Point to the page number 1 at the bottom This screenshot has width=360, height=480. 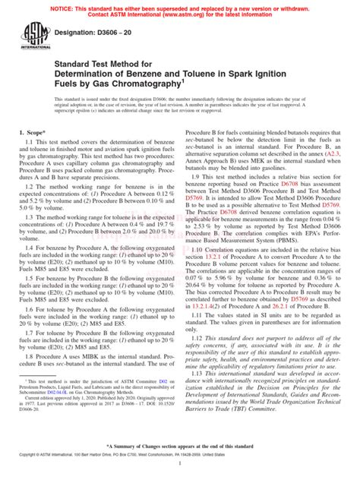[180, 471]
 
